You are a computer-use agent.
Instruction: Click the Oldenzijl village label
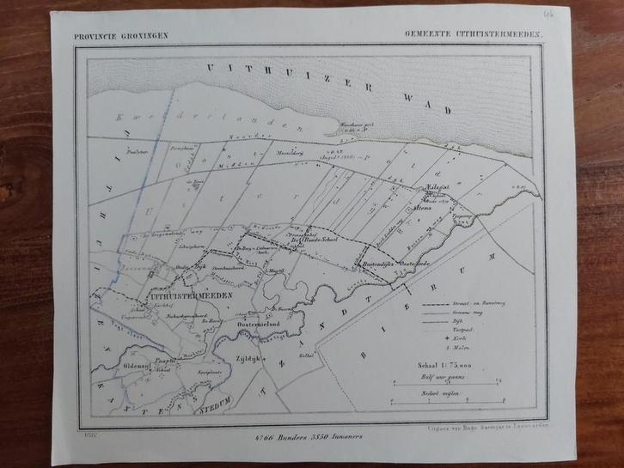point(137,364)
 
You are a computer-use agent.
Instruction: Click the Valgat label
point(439,185)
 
